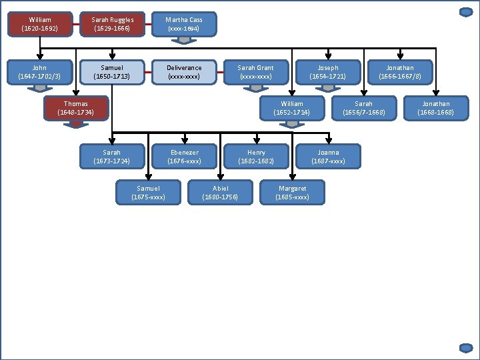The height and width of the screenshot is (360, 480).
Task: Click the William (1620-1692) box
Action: pyautogui.click(x=41, y=24)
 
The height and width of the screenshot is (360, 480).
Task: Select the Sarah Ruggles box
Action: pyautogui.click(x=113, y=24)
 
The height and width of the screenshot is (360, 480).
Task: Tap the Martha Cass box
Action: pyautogui.click(x=184, y=24)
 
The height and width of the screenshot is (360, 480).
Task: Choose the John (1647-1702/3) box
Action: pyautogui.click(x=40, y=72)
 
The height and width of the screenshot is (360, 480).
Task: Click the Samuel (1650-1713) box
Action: pyautogui.click(x=112, y=72)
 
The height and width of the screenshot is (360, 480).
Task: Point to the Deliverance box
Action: pyautogui.click(x=184, y=72)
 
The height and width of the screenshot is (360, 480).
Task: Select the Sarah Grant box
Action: pyautogui.click(x=256, y=72)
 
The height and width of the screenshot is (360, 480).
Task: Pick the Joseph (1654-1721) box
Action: pyautogui.click(x=328, y=72)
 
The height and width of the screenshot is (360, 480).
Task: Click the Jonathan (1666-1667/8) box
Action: pyautogui.click(x=400, y=72)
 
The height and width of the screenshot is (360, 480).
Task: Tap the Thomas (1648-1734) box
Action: pyautogui.click(x=76, y=108)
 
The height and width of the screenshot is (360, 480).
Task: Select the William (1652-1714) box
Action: pyautogui.click(x=292, y=108)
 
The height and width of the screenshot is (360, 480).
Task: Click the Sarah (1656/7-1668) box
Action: pyautogui.click(x=364, y=108)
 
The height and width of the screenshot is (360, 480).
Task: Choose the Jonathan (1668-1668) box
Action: pyautogui.click(x=436, y=108)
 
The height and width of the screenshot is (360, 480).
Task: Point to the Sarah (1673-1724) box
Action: pyautogui.click(x=112, y=157)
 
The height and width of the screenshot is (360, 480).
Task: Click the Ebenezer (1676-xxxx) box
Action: pyautogui.click(x=184, y=157)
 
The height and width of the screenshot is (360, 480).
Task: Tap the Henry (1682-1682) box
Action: pyautogui.click(x=256, y=157)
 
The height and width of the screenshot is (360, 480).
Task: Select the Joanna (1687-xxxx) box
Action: pyautogui.click(x=328, y=157)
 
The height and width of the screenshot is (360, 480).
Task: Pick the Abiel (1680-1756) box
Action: pyautogui.click(x=220, y=193)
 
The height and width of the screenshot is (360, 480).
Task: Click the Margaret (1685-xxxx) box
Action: pyautogui.click(x=292, y=193)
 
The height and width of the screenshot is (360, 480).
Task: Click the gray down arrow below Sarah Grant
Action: pyautogui.click(x=256, y=88)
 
